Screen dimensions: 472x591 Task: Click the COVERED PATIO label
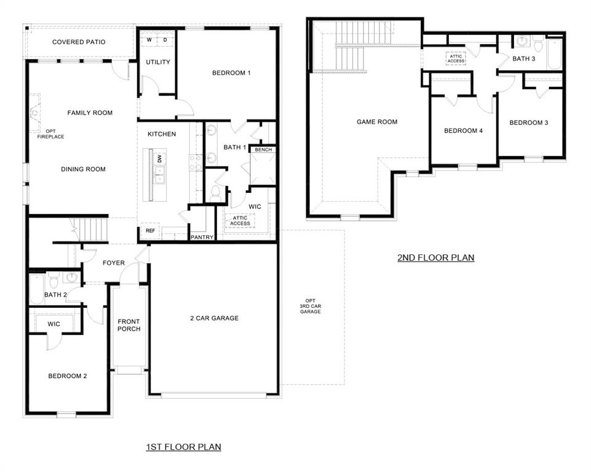[79, 42]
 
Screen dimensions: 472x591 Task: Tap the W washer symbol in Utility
[149, 40]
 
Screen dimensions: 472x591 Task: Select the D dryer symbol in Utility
[165, 40]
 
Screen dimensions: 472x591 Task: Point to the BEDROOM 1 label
[231, 73]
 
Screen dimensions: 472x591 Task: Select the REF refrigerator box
[150, 231]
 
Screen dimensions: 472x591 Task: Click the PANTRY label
[202, 237]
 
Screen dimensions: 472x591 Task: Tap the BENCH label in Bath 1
[263, 149]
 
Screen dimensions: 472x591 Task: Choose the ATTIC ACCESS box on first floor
[240, 221]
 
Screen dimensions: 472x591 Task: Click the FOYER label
[114, 263]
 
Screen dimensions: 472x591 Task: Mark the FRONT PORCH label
[129, 325]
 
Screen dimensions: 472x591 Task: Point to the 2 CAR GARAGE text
[214, 318]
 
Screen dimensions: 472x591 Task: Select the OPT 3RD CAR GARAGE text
[311, 306]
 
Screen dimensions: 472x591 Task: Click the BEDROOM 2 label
[68, 376]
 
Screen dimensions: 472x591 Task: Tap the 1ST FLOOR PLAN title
[183, 447]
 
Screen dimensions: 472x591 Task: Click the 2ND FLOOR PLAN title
[436, 258]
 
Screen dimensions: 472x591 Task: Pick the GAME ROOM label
[377, 122]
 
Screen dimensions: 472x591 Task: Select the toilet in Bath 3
[538, 45]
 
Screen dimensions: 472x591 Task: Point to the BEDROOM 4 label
[463, 131]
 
